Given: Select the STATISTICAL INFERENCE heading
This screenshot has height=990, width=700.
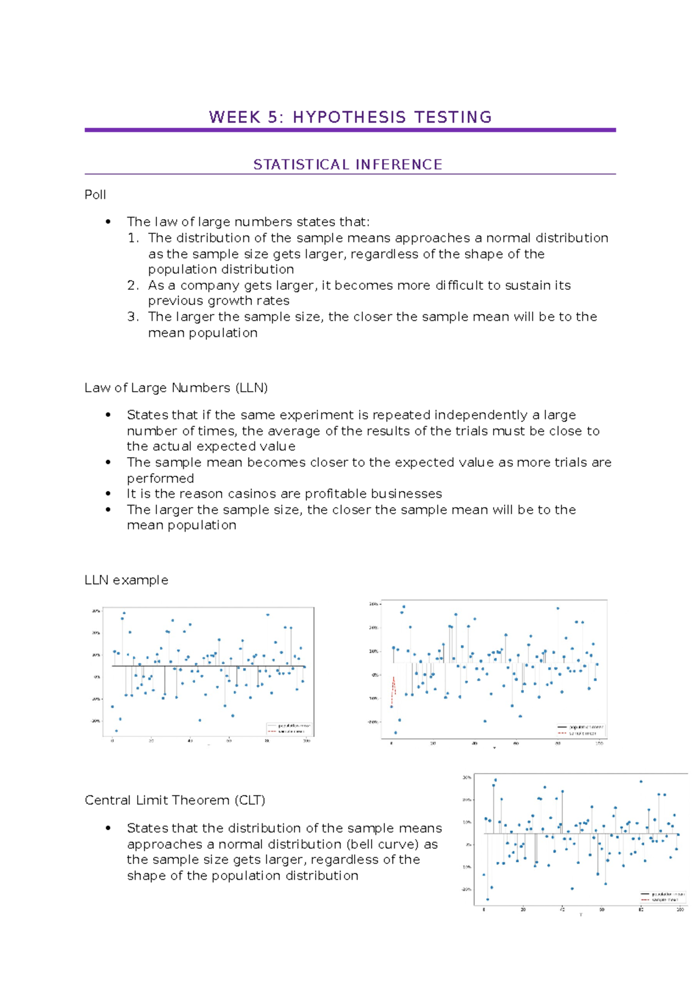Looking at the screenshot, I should (x=348, y=165).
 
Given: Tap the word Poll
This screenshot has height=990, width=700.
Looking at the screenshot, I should (x=95, y=195).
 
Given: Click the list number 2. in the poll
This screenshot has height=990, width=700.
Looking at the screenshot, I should (x=133, y=285).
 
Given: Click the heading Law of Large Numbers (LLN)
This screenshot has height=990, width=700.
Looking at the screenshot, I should (x=176, y=388).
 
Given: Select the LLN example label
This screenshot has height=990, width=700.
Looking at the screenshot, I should (x=126, y=580).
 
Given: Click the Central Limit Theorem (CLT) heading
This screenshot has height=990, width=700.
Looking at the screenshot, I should (x=175, y=800).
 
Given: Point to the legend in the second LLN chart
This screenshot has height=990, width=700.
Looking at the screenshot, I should (x=581, y=730).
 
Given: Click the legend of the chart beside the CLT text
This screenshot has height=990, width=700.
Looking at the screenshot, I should (x=663, y=896).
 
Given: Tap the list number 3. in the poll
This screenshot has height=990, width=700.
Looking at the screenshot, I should (x=133, y=317).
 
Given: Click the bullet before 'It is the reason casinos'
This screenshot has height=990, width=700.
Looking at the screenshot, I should (x=108, y=494).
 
